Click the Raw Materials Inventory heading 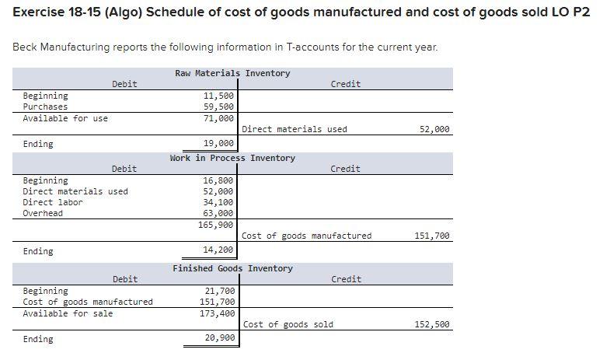(232, 73)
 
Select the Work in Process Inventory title (232, 158)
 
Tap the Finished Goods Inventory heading (232, 268)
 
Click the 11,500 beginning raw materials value (218, 96)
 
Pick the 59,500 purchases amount (218, 107)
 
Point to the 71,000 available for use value (218, 118)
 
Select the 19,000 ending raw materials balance (218, 144)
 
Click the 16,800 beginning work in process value (218, 180)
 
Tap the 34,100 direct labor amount (218, 202)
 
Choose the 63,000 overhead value (218, 213)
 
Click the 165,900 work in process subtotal (216, 225)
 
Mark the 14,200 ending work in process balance (218, 250)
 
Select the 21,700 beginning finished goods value (218, 291)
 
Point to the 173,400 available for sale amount (216, 313)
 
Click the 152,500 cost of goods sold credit (433, 324)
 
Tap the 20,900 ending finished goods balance (218, 339)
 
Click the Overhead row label (43, 213)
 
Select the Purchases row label (45, 107)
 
